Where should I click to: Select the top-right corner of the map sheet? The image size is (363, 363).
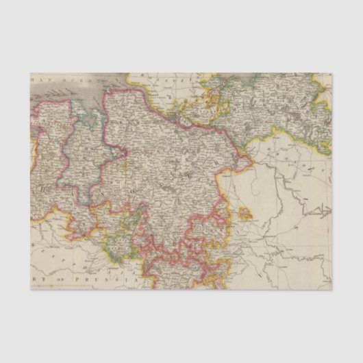pyautogui.click(x=331, y=74)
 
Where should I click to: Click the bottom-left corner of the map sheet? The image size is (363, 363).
pyautogui.click(x=32, y=289)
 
